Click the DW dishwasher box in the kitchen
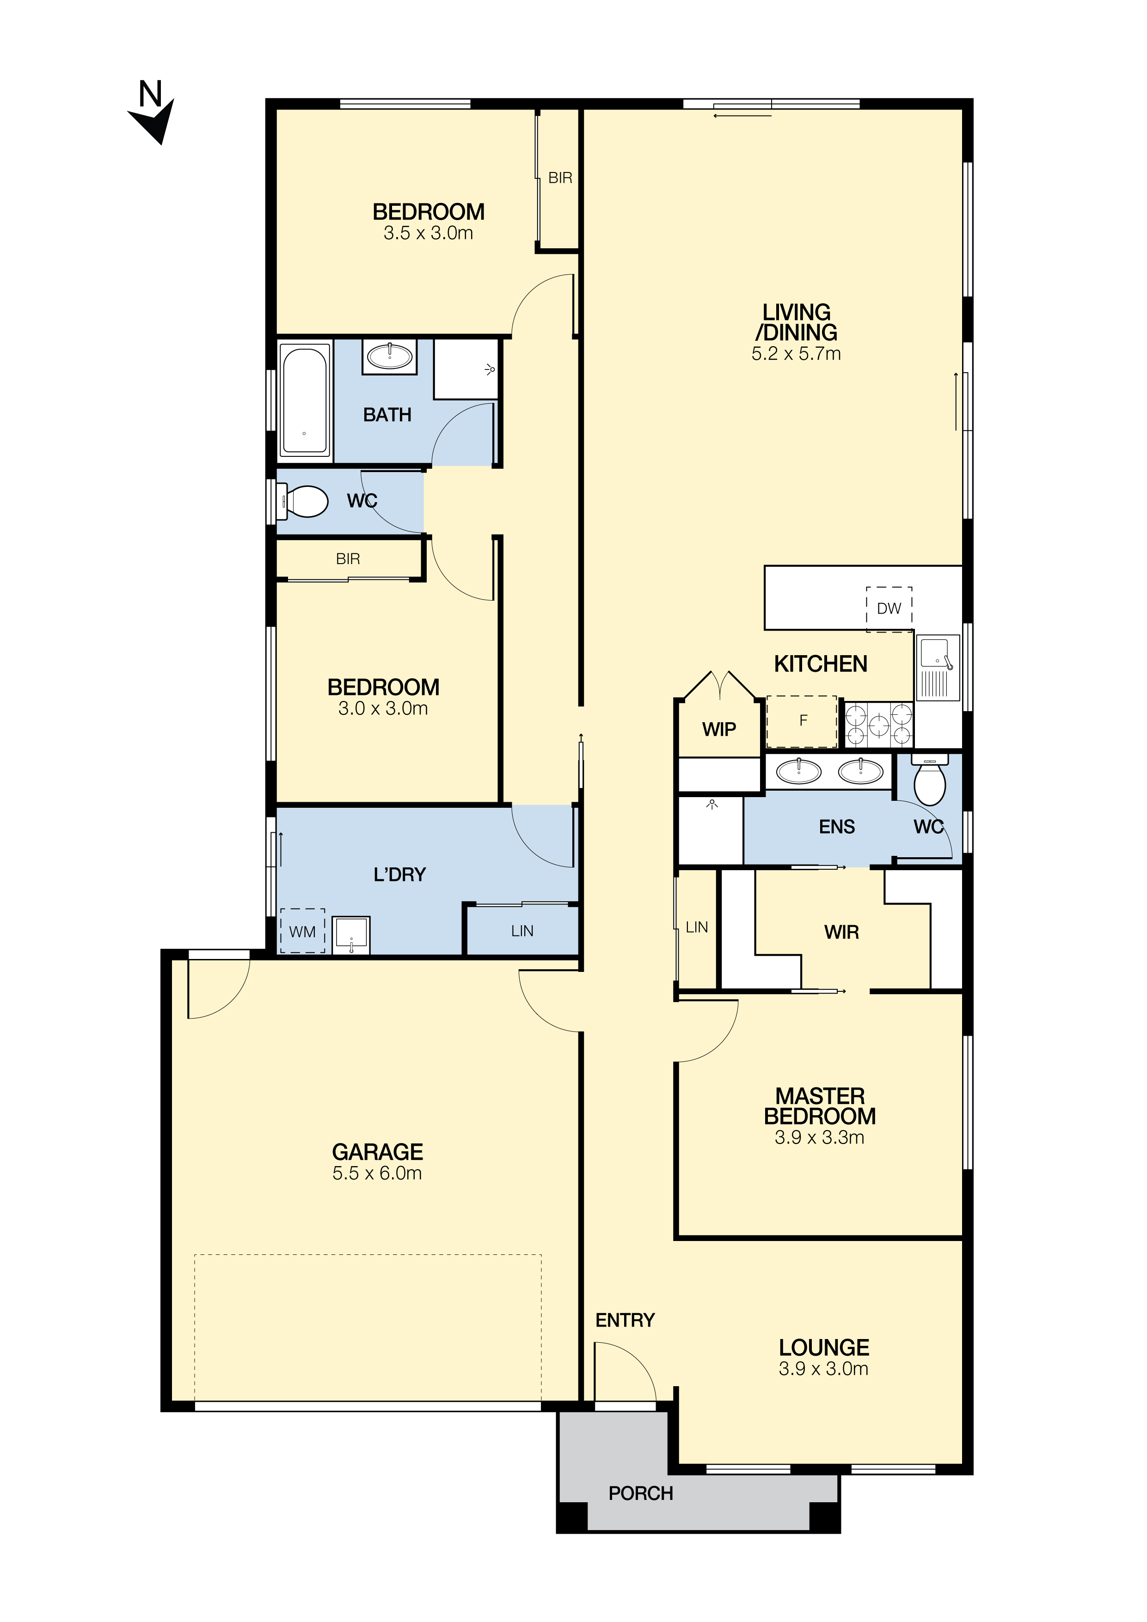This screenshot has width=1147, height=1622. (x=889, y=608)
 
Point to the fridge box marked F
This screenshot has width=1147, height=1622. (x=802, y=721)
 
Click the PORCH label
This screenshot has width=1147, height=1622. (x=641, y=1493)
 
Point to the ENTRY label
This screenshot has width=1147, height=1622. (x=625, y=1321)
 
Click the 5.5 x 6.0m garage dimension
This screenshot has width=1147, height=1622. (x=377, y=1173)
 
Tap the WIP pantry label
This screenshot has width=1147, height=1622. (x=719, y=729)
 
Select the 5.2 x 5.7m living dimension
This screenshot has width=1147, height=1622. (x=796, y=354)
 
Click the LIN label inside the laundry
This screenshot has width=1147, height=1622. (x=522, y=931)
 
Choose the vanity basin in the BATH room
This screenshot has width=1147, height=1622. (x=389, y=356)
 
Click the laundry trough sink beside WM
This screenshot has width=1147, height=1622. (x=351, y=935)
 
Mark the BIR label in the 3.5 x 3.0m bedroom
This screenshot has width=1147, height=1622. (x=560, y=178)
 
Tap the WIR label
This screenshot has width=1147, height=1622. (x=841, y=933)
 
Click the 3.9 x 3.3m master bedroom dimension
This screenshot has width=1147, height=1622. (x=819, y=1137)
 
